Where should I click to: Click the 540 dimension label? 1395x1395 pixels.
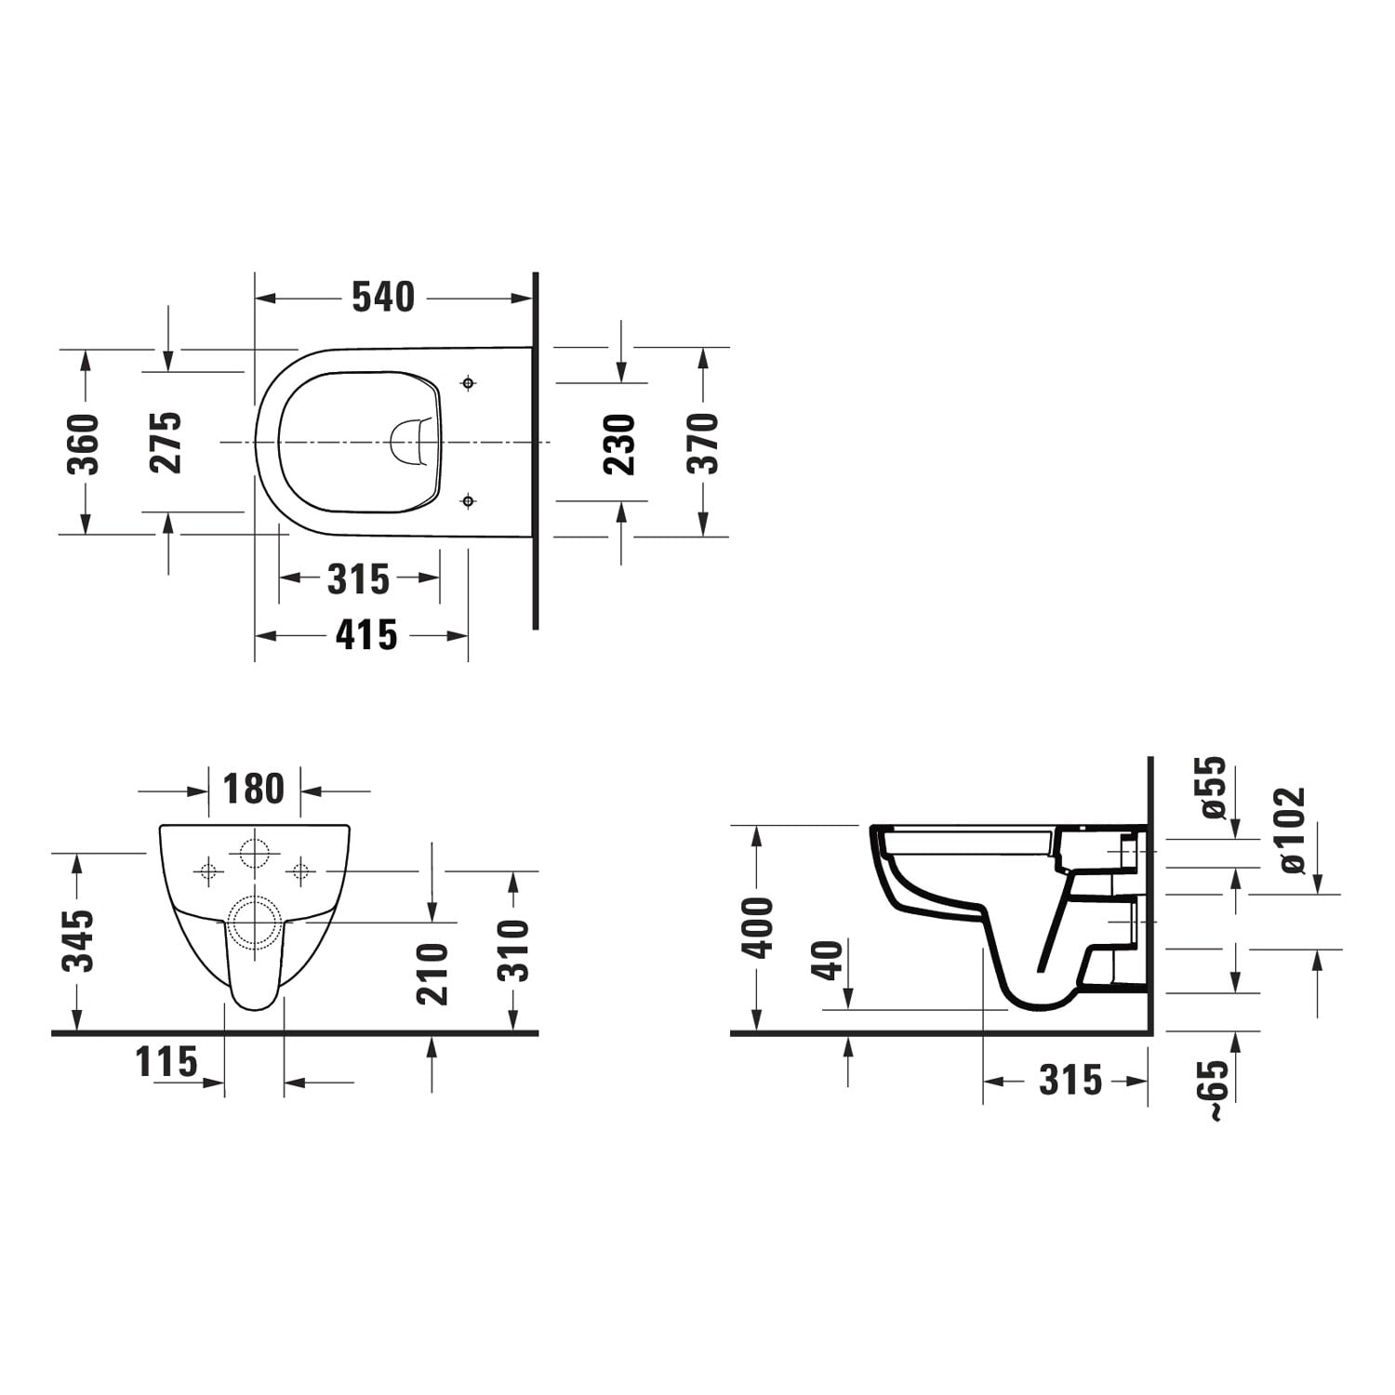pos(383,297)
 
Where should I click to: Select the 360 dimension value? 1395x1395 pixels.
pos(85,444)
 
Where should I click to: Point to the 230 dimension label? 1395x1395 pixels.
pos(620,445)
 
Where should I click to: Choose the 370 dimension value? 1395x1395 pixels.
pos(704,443)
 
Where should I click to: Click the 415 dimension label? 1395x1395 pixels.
pos(366,635)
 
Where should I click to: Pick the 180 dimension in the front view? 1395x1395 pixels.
pos(254,789)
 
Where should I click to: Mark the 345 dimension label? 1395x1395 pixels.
pos(81,940)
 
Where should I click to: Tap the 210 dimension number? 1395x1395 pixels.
pos(433,974)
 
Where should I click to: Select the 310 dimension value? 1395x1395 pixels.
pos(513,950)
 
